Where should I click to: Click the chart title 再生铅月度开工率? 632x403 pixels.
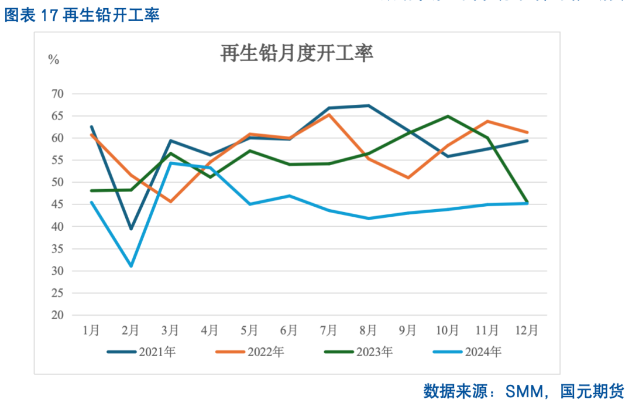click(297, 54)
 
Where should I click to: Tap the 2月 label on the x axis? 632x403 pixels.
click(130, 330)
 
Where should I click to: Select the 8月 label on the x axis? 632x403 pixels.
click(368, 330)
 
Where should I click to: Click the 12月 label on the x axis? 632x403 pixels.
click(527, 330)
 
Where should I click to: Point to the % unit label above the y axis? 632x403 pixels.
click(53, 60)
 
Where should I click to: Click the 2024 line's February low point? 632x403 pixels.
click(131, 267)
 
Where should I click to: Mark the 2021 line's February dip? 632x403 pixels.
click(131, 229)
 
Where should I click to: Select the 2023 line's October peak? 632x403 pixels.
click(448, 116)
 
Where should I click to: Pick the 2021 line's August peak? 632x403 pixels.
click(368, 105)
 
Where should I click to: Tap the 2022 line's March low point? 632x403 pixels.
click(170, 201)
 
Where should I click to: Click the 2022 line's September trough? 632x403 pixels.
click(408, 177)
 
